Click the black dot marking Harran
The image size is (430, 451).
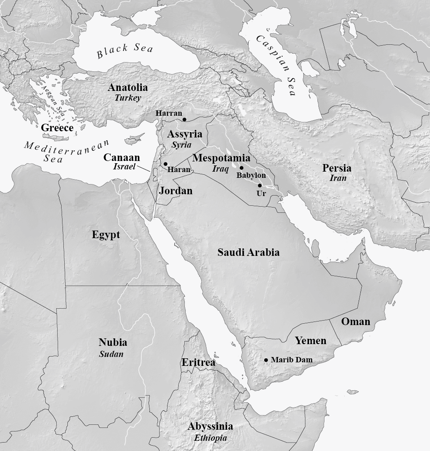click(x=184, y=119)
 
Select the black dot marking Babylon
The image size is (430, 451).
click(x=242, y=168)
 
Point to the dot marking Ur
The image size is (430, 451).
click(x=260, y=185)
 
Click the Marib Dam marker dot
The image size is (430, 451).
click(x=266, y=360)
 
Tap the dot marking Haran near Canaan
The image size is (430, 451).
click(x=165, y=164)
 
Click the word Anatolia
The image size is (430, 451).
click(x=128, y=88)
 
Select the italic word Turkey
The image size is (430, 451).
click(x=128, y=98)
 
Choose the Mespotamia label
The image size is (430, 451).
click(x=221, y=158)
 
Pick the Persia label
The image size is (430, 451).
click(x=337, y=169)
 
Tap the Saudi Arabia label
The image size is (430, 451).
click(x=248, y=252)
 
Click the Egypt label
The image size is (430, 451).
click(x=106, y=235)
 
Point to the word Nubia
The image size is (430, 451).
click(x=113, y=342)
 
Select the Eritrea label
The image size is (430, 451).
click(x=198, y=363)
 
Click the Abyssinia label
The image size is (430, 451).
click(x=210, y=427)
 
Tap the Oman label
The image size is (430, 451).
click(x=356, y=322)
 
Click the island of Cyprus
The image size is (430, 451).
click(x=133, y=140)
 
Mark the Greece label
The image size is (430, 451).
click(x=57, y=128)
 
